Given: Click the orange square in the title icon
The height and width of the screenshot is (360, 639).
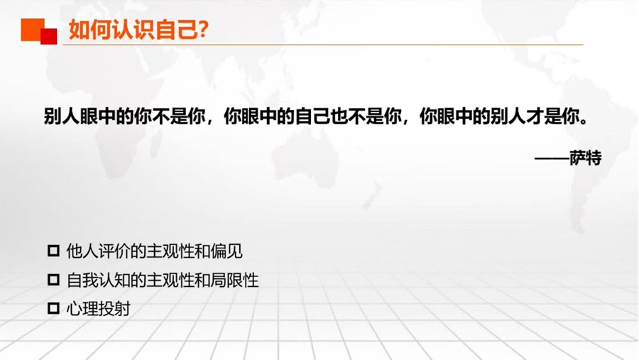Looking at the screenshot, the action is coord(32,29).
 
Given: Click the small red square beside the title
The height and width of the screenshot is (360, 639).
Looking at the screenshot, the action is coord(49,36).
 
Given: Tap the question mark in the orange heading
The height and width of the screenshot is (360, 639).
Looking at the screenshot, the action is coord(203,29).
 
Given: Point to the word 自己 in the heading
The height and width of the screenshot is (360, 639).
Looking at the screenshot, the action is coord(177,30).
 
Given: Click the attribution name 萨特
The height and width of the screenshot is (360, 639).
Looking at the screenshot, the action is coord(586,158).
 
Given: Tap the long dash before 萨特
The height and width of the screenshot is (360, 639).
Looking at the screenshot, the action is coord(552,158).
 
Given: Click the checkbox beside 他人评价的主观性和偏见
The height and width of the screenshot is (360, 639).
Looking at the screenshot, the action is coord(53,251).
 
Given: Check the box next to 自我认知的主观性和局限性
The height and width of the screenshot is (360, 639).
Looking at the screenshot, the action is coord(53,280).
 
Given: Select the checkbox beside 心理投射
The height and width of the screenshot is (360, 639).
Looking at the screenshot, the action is coord(53,308).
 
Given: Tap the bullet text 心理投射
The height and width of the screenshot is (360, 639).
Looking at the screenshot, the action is coord(98,309).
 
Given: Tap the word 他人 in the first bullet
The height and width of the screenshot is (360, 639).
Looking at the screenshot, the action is coord(82,251).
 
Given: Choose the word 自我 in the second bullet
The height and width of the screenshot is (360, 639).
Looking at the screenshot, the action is coord(82,280).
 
